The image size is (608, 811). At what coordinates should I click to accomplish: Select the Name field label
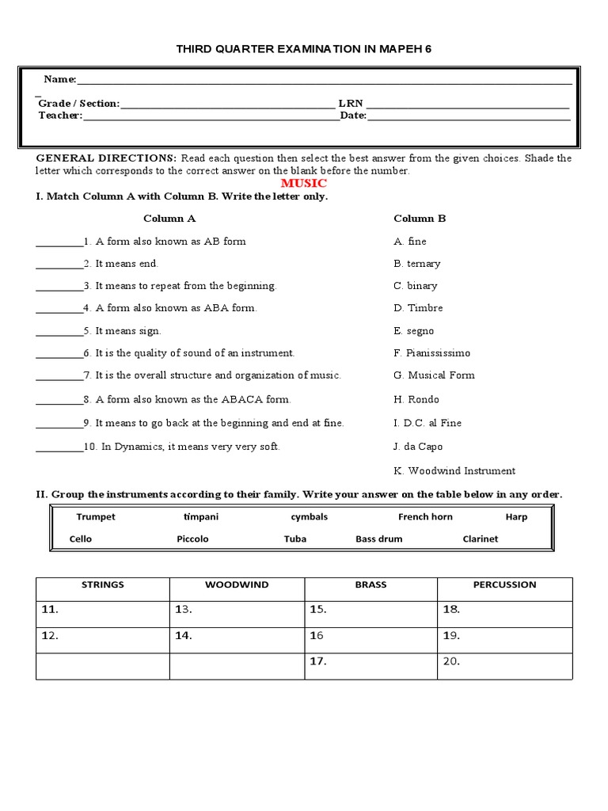point(59,79)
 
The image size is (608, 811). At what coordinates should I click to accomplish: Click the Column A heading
point(169,219)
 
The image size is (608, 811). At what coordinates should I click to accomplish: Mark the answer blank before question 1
point(59,242)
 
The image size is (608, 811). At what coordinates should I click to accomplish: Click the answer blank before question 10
point(59,447)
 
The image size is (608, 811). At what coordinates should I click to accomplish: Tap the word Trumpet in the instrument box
point(96,517)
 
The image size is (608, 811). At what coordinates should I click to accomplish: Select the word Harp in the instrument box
point(516,517)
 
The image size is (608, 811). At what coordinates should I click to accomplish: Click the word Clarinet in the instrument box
point(481,539)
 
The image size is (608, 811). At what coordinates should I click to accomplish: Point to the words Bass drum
point(378,539)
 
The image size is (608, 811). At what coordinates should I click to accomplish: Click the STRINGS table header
point(103,585)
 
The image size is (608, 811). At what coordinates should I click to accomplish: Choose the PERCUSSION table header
point(504,585)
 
